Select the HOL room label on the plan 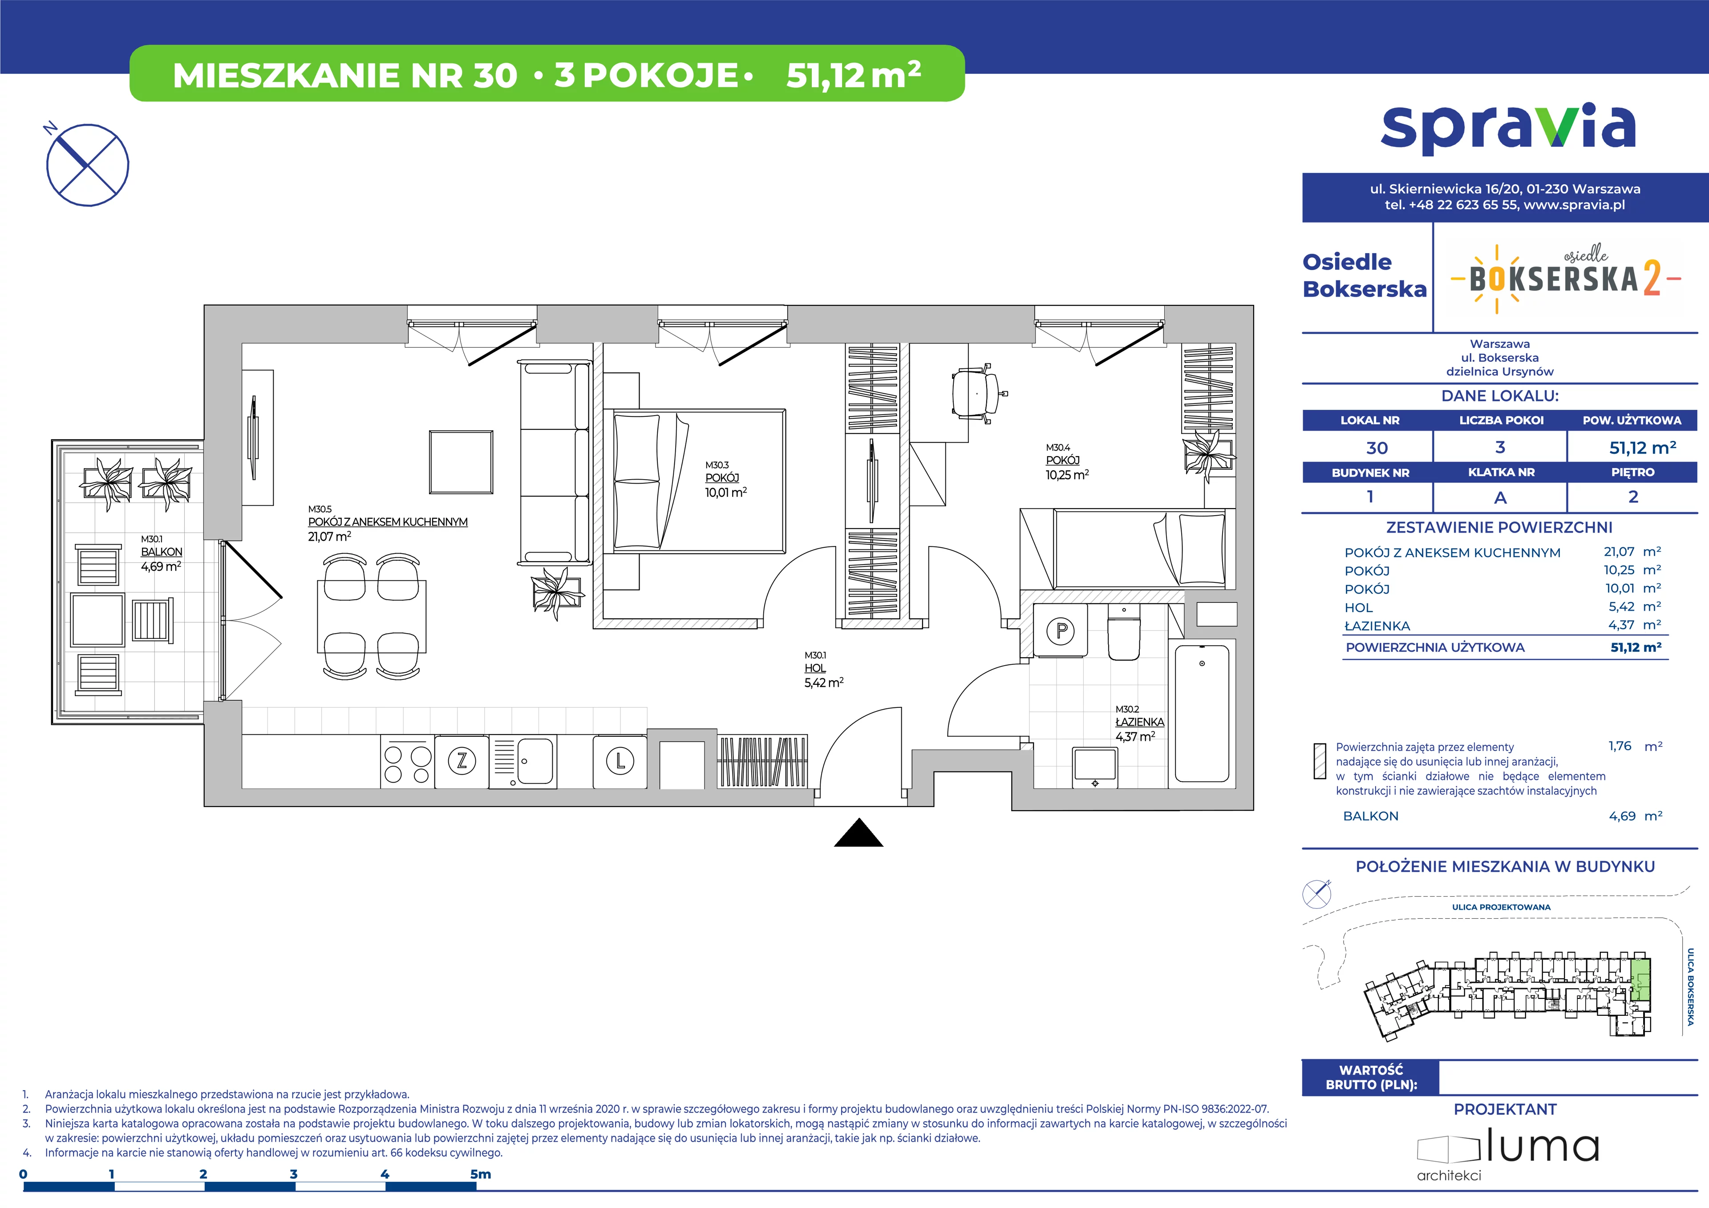[x=815, y=668]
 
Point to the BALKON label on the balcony [x=162, y=552]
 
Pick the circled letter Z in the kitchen [x=462, y=761]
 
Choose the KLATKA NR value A [x=1500, y=497]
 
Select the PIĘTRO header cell [x=1633, y=472]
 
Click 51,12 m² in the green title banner [x=854, y=74]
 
